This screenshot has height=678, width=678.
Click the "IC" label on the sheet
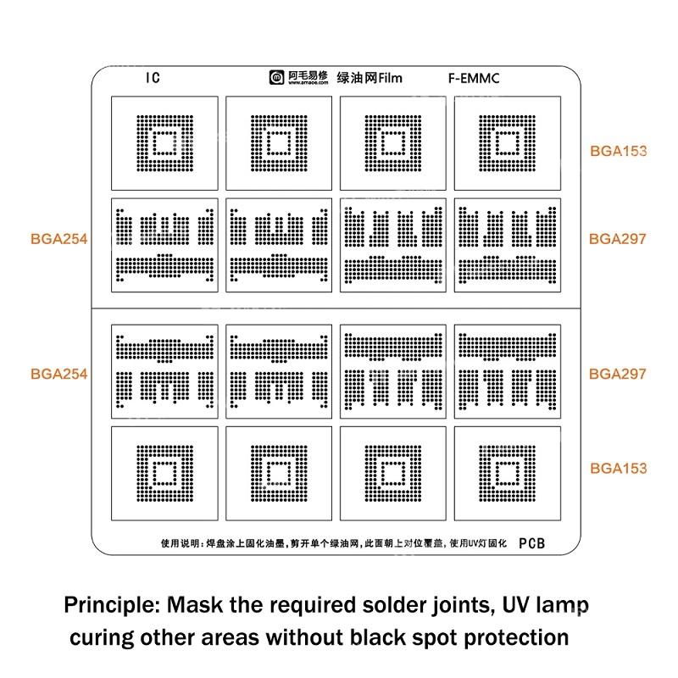[x=152, y=78]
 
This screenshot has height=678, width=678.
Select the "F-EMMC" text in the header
[x=474, y=79]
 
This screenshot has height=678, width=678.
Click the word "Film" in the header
[x=391, y=79]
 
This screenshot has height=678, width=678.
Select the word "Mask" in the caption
[x=194, y=606]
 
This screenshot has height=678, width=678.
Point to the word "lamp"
[x=556, y=607]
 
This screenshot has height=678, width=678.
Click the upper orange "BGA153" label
[x=618, y=152]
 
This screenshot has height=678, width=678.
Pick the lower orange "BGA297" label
[x=618, y=373]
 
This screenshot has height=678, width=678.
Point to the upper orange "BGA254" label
[x=58, y=239]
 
